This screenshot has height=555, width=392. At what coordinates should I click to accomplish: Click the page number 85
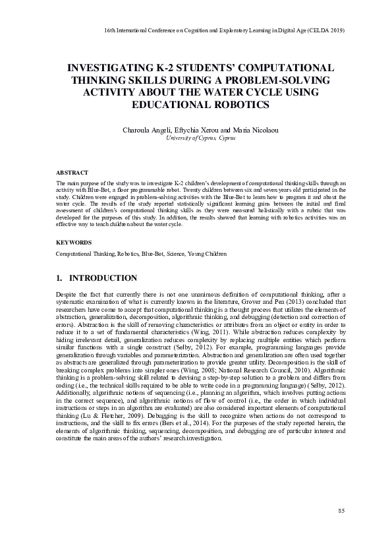tap(341, 511)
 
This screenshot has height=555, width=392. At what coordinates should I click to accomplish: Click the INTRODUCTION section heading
tap(103, 278)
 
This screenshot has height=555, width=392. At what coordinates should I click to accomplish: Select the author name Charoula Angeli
tap(146, 131)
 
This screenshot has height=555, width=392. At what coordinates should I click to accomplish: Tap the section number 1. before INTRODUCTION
tap(59, 278)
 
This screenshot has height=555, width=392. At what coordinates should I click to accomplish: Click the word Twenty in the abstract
tap(199, 189)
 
